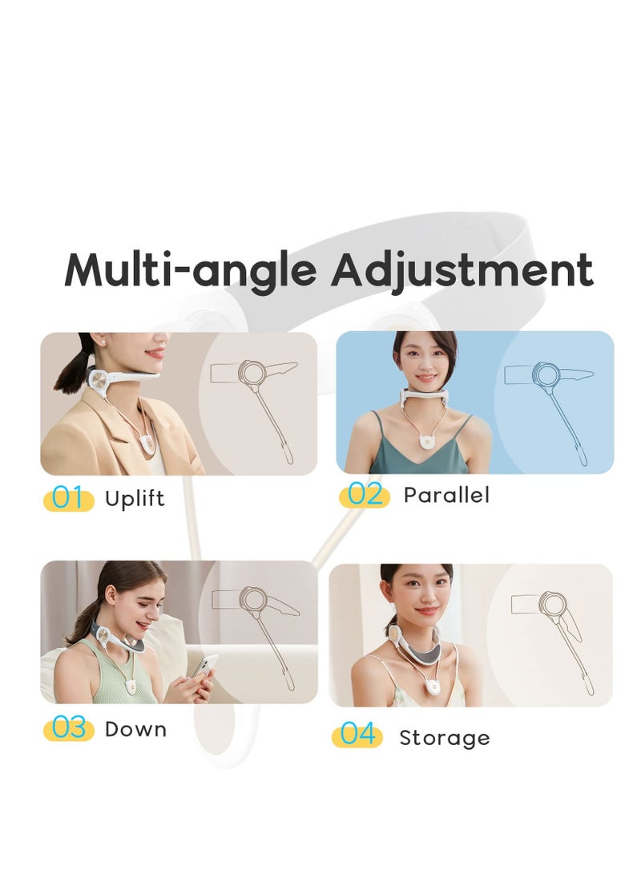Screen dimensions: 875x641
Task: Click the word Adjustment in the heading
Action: click(462, 271)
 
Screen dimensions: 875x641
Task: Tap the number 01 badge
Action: click(68, 499)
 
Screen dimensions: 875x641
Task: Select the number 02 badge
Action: click(365, 496)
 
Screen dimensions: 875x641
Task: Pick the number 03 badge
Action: click(68, 729)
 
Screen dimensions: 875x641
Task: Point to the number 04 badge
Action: click(357, 735)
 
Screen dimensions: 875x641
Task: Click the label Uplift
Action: click(135, 499)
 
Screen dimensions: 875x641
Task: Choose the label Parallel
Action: click(446, 495)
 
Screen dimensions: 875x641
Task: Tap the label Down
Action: click(136, 729)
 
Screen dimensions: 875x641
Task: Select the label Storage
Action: click(445, 737)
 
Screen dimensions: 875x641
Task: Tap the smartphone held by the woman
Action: click(207, 666)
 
